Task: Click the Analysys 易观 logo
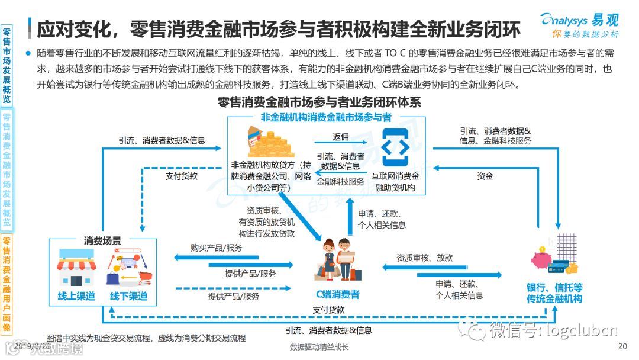point(580,24)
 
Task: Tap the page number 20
point(621,346)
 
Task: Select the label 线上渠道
point(76,296)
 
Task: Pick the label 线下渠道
point(128,296)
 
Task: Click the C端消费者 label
point(337,294)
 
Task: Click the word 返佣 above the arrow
point(340,137)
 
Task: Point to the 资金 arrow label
point(485,176)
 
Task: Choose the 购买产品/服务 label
point(216,247)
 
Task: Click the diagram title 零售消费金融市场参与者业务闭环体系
point(319,102)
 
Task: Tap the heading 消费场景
point(102,241)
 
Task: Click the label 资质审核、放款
point(424,258)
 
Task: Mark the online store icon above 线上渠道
point(76,268)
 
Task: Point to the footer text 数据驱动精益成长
point(319,347)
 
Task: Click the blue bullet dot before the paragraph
point(28,53)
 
